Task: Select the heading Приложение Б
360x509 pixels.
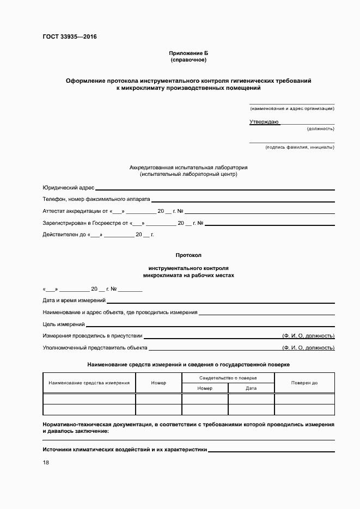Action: [188, 53]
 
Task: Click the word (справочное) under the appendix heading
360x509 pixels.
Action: [188, 59]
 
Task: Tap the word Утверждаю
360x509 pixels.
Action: [264, 121]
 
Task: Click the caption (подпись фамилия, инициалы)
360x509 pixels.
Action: [300, 147]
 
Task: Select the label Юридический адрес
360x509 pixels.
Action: [68, 187]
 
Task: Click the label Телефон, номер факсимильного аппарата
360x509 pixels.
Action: [96, 199]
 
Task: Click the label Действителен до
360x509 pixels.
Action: [63, 235]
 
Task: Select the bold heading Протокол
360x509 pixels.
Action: [188, 255]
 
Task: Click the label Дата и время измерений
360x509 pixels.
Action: [74, 301]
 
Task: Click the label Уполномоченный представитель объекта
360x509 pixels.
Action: [95, 347]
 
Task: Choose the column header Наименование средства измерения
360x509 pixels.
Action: [89, 383]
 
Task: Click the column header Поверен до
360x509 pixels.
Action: [304, 383]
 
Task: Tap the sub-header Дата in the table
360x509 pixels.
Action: [251, 388]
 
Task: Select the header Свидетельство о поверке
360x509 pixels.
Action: [228, 377]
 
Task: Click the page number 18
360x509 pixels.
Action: [46, 462]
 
